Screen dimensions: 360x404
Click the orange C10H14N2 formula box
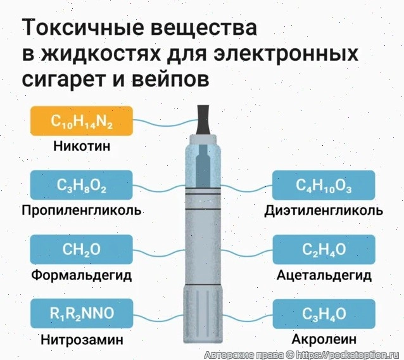pyautogui.click(x=81, y=122)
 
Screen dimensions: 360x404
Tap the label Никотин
pyautogui.click(x=81, y=146)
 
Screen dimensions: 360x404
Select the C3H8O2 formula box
pyautogui.click(x=81, y=186)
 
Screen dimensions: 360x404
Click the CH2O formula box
pyautogui.click(x=81, y=250)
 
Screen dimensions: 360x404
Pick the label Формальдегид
pyautogui.click(x=81, y=276)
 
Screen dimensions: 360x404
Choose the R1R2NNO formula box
pyautogui.click(x=81, y=313)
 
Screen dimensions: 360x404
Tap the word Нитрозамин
pyautogui.click(x=81, y=339)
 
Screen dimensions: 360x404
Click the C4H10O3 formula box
pyautogui.click(x=324, y=186)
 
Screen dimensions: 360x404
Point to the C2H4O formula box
pyautogui.click(x=324, y=250)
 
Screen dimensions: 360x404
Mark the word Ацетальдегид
pyautogui.click(x=324, y=276)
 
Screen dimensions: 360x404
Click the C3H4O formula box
pyautogui.click(x=324, y=313)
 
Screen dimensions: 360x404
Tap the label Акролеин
pyautogui.click(x=324, y=339)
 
